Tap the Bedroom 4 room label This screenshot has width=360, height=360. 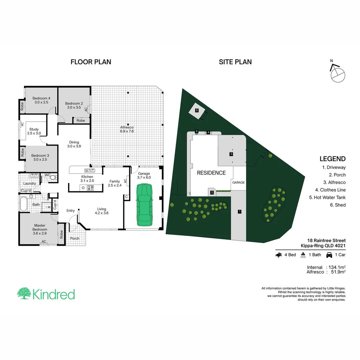(41, 100)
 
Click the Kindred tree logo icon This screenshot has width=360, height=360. (24, 294)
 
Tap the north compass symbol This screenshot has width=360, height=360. (337, 73)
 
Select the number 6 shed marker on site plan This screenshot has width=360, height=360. (197, 110)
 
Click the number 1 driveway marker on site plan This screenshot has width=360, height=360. (239, 211)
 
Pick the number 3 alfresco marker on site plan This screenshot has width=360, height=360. (231, 154)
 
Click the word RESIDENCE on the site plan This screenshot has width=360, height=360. (211, 173)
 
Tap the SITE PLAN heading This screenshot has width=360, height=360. (235, 62)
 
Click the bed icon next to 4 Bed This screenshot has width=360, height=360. (279, 255)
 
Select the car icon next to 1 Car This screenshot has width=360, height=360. (329, 255)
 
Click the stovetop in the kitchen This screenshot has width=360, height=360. (90, 188)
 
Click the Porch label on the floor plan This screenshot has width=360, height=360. (75, 238)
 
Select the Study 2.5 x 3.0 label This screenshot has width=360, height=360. (34, 131)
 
